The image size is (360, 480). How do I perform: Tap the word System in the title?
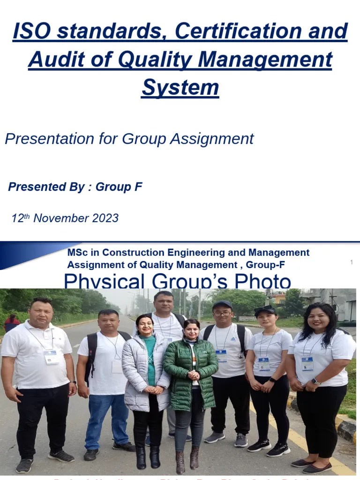[180, 88]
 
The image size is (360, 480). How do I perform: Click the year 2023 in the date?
[105, 218]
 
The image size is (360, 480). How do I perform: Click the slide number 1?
[352, 262]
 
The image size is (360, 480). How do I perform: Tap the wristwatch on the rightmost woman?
[315, 382]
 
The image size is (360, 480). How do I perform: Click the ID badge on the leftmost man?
[51, 357]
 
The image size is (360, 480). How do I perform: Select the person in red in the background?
[11, 323]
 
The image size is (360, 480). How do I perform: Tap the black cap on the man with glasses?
[222, 305]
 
